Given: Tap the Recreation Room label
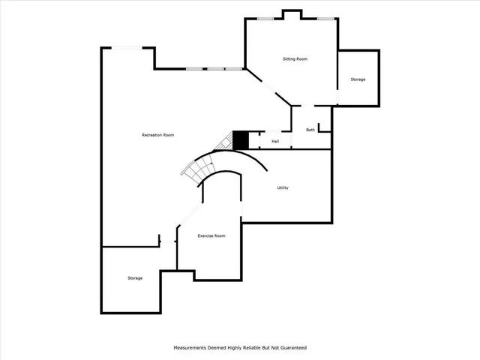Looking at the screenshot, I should pyautogui.click(x=157, y=135).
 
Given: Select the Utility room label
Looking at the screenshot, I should pyautogui.click(x=283, y=187).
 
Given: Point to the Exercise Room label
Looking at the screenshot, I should pyautogui.click(x=211, y=235).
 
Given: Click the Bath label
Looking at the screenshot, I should pyautogui.click(x=310, y=130).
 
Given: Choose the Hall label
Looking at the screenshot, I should pyautogui.click(x=275, y=141).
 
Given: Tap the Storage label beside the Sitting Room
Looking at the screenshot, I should pyautogui.click(x=358, y=79).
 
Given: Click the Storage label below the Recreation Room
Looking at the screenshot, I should pyautogui.click(x=134, y=278).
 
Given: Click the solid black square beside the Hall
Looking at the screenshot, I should pyautogui.click(x=241, y=140).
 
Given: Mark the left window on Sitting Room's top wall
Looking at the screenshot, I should pyautogui.click(x=264, y=19).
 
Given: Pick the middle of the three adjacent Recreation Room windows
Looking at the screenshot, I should pyautogui.click(x=215, y=69).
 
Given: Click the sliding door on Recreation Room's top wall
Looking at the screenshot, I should pyautogui.click(x=127, y=48).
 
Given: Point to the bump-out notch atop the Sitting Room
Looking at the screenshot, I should pyautogui.click(x=291, y=14).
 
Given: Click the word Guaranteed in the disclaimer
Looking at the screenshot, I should pyautogui.click(x=290, y=348).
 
